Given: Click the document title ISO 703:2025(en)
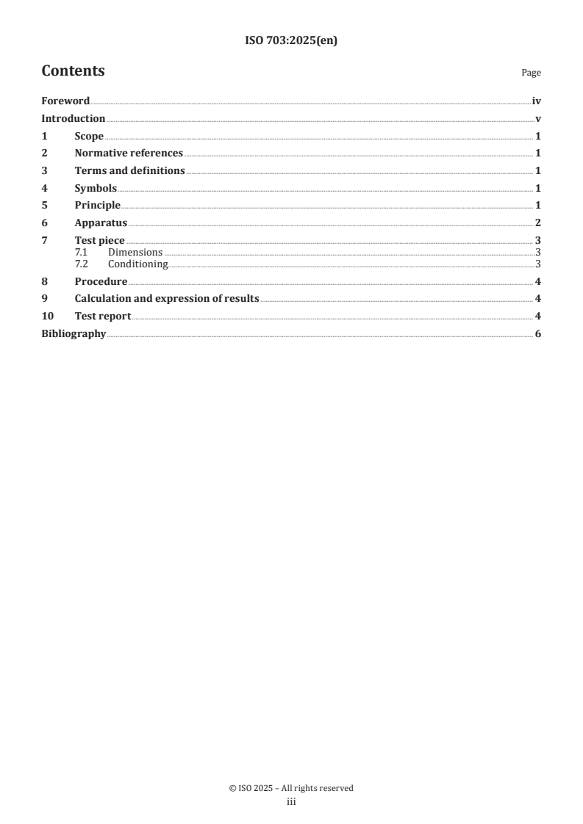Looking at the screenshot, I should [x=290, y=41].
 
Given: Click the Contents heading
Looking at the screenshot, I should [x=73, y=71].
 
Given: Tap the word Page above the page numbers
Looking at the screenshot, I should [x=531, y=73].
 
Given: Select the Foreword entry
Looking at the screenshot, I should [x=65, y=101].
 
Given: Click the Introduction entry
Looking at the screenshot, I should [x=73, y=119].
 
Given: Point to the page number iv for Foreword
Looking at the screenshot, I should [x=537, y=101].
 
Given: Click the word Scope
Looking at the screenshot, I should [x=89, y=136].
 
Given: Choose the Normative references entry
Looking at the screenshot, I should [x=129, y=153].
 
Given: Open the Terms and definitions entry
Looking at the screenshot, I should [x=129, y=170].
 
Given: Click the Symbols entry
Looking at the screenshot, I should [x=96, y=188].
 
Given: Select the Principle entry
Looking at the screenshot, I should [x=97, y=205].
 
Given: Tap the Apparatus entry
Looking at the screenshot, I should [x=101, y=223].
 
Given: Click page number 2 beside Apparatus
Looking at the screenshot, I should [x=538, y=223].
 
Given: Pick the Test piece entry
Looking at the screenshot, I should [x=99, y=240].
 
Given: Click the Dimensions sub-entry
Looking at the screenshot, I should [x=135, y=252].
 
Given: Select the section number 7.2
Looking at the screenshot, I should [x=82, y=264].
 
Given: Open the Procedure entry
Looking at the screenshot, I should [x=101, y=281].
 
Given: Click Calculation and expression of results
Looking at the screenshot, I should [x=167, y=298].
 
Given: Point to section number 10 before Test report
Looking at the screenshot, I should [x=47, y=316].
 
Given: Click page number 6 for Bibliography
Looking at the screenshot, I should [x=538, y=334].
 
